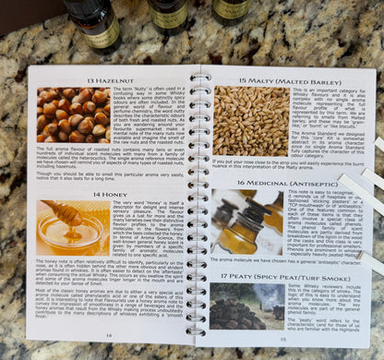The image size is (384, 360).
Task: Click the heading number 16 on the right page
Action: tap(239, 183)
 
